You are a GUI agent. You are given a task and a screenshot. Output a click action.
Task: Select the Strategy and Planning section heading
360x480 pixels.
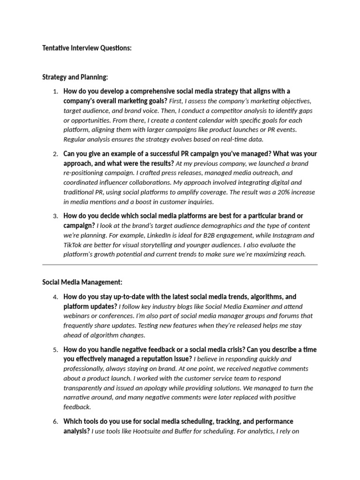point(75,77)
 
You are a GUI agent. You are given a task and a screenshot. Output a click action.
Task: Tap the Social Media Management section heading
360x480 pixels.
point(82,282)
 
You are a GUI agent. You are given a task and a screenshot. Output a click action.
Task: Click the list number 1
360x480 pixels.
point(55,91)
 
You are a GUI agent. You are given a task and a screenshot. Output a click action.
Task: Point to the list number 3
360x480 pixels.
point(55,216)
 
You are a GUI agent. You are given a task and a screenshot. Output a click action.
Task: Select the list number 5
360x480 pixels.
point(55,350)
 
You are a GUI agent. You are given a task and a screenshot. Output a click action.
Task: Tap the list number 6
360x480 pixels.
point(55,422)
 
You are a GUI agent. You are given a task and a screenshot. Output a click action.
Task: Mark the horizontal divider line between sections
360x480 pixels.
point(180,265)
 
